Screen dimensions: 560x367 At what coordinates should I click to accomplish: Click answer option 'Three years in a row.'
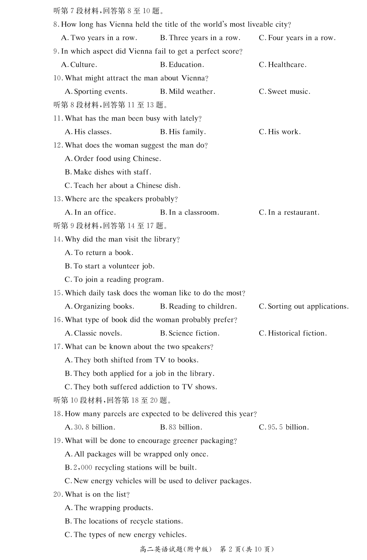(x=200, y=38)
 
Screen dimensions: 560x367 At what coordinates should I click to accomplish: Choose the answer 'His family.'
(x=183, y=132)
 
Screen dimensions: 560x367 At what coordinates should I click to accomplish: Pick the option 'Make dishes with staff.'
(x=108, y=172)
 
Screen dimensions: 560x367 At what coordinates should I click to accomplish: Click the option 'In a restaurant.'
(x=289, y=212)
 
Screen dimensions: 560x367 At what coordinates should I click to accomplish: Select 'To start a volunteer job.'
(x=110, y=266)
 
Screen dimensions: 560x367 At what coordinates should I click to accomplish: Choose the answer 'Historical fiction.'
(x=292, y=333)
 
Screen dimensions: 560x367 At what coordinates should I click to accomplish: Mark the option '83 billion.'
(x=181, y=428)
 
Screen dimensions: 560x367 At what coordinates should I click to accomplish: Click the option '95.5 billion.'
(x=284, y=428)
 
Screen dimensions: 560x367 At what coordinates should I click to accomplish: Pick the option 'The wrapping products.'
(x=109, y=508)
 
